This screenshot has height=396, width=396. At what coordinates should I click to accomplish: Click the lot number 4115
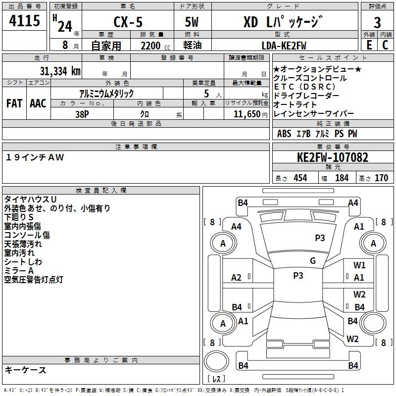coord(25,21)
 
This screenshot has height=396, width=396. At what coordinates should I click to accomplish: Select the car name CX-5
coord(128,22)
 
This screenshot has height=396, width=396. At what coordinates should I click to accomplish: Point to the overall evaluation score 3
coord(377,23)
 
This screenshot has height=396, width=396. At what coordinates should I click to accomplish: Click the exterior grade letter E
coord(369,45)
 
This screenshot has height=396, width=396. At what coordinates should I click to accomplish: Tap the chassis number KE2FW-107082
coord(333,158)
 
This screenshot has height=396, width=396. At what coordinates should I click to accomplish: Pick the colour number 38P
coord(82,114)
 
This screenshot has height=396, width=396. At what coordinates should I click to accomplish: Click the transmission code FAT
coord(14,103)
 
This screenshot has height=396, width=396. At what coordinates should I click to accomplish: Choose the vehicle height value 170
coord(381,178)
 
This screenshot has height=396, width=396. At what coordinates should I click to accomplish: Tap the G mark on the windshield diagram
coord(312,261)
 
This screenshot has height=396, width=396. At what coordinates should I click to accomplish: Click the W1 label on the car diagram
coord(359,265)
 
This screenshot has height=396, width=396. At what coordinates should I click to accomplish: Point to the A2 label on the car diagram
coord(237,278)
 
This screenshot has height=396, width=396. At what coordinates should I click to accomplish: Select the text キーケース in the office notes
coord(25,370)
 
